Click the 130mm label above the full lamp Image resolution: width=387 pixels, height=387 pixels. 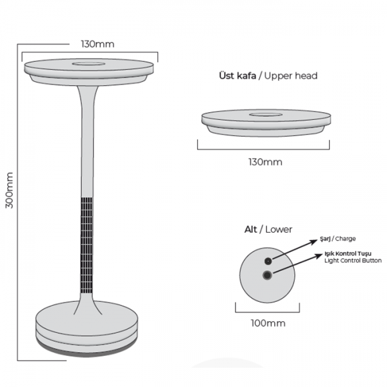click(x=97, y=44)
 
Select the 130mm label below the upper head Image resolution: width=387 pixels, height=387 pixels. click(x=265, y=162)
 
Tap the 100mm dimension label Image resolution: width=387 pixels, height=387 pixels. click(x=266, y=322)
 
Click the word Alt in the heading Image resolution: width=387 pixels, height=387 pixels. click(x=250, y=230)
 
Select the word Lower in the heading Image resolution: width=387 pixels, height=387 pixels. click(x=279, y=230)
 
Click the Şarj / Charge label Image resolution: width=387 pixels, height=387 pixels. click(x=338, y=238)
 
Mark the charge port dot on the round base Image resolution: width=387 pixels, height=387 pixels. click(x=267, y=261)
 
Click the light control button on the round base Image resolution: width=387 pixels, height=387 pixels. click(x=267, y=276)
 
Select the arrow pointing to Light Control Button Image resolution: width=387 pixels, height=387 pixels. click(x=296, y=266)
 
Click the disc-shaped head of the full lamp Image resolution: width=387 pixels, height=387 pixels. click(x=89, y=69)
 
